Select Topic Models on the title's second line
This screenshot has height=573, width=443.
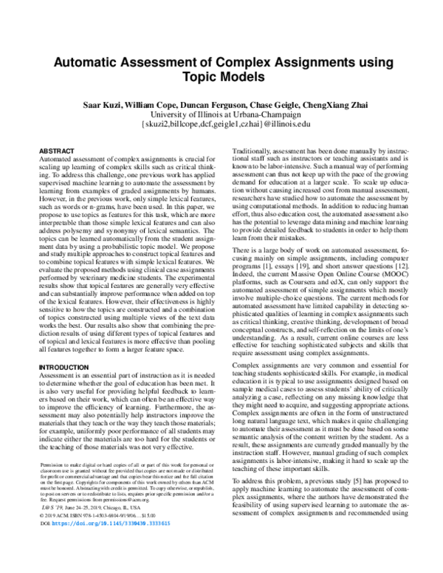click(221, 78)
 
